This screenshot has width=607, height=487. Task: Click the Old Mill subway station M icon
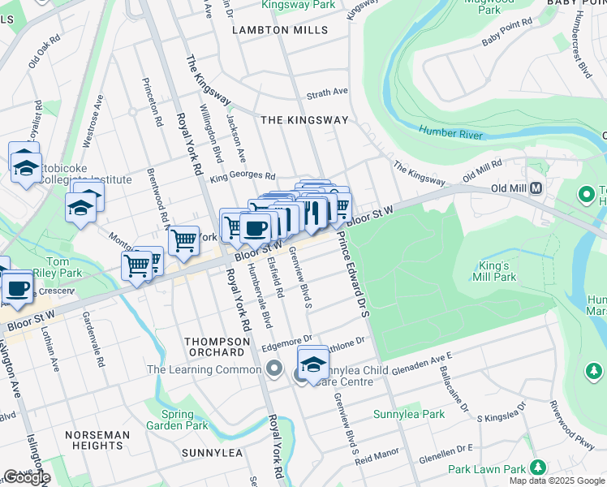[536, 189]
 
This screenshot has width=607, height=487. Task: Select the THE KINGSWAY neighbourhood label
[304, 120]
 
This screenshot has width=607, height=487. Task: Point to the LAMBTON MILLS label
[280, 30]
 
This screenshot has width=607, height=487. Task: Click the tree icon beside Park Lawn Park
[536, 468]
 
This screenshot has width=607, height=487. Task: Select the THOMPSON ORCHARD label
[214, 347]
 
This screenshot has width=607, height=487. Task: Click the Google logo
[26, 477]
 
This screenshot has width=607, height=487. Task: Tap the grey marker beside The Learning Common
[275, 370]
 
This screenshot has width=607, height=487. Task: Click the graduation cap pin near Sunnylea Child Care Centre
[312, 364]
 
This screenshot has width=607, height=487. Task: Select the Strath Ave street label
[327, 92]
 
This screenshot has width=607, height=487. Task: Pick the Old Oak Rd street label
[45, 50]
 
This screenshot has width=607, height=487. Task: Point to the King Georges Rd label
[243, 176]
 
